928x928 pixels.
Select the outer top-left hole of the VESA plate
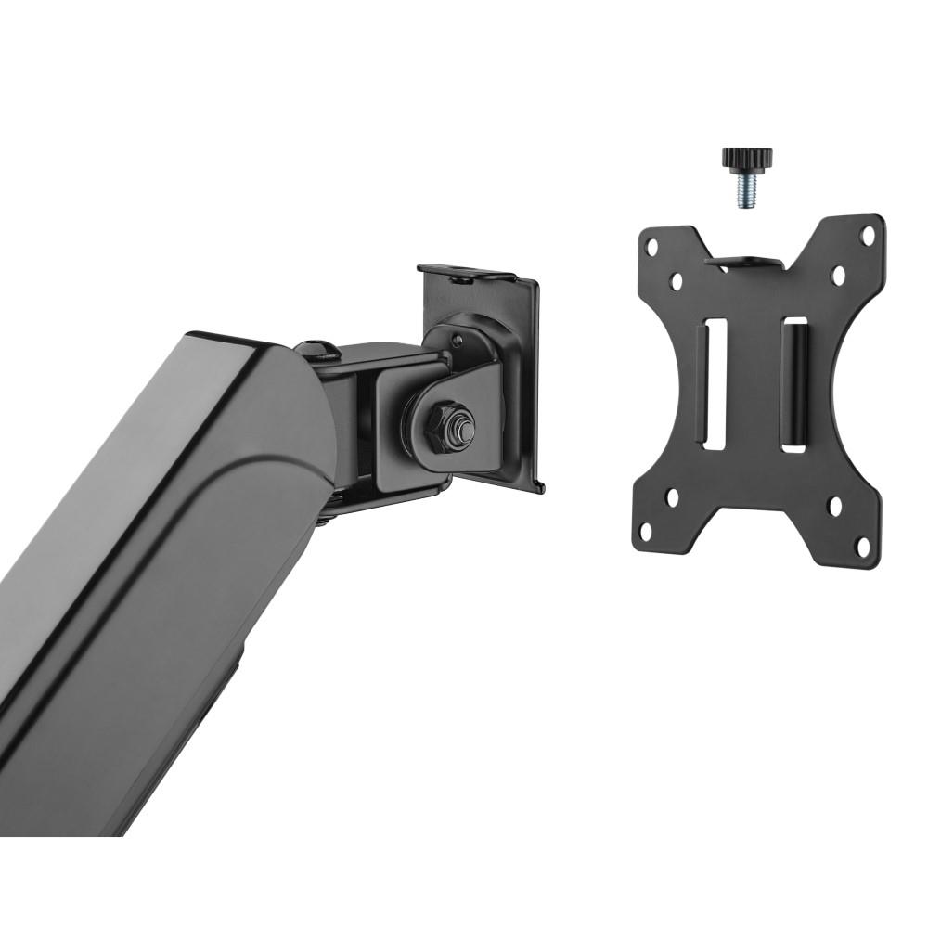click(x=652, y=248)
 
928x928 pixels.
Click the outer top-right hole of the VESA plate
click(x=868, y=236)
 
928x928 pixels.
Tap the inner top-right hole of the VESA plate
click(x=837, y=275)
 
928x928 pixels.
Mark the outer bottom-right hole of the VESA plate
click(x=863, y=545)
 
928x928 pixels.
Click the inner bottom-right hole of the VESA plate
click(x=834, y=507)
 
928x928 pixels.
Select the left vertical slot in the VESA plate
click(x=715, y=384)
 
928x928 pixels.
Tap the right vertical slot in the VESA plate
click(x=794, y=384)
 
